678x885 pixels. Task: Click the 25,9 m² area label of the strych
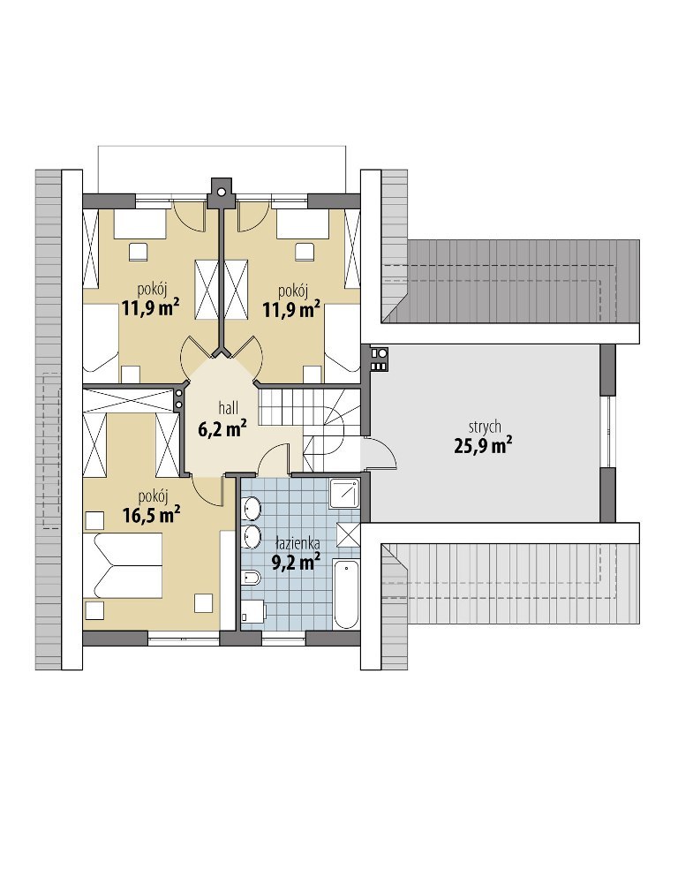[483, 446]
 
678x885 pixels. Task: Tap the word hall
[229, 406]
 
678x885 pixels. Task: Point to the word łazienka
[298, 544]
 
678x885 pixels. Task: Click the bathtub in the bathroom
[346, 594]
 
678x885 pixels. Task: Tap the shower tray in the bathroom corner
[344, 494]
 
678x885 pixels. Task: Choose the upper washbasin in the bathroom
[252, 508]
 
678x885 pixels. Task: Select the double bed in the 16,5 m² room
[123, 565]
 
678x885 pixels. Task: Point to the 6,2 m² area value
[221, 429]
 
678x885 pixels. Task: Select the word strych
[484, 427]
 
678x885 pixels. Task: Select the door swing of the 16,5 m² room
[207, 488]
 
